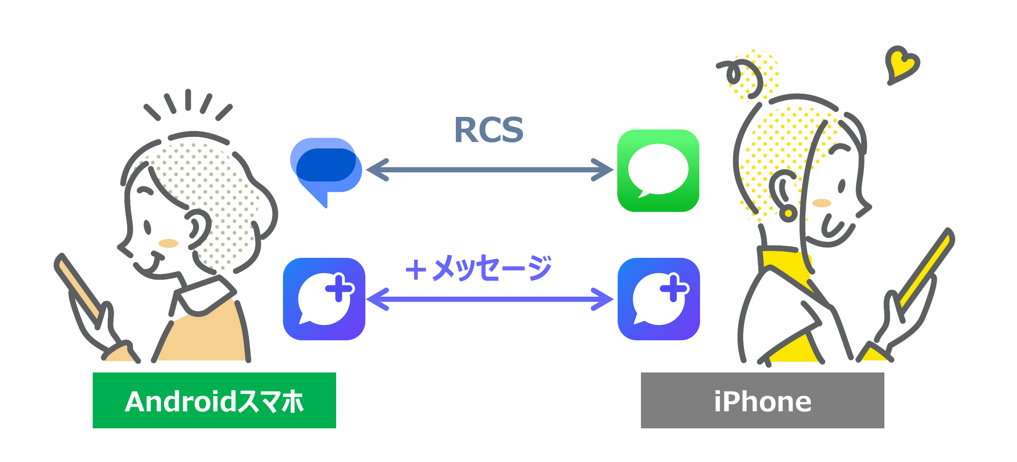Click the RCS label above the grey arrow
489,130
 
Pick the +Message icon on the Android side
324,299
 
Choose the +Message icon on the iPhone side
659,299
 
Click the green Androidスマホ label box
214,400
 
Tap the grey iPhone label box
762,400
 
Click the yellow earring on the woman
788,213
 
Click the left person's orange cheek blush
168,243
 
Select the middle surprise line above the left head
188,99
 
